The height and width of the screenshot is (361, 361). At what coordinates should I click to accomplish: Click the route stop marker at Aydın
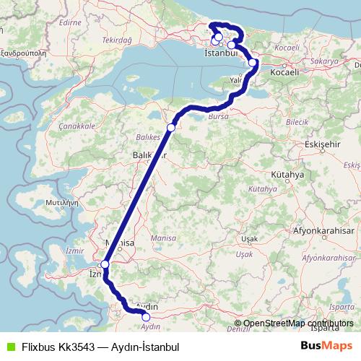pyautogui.click(x=146, y=316)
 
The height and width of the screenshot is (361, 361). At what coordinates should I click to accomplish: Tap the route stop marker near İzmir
pyautogui.click(x=105, y=264)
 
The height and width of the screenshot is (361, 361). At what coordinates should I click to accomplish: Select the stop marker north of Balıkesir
pyautogui.click(x=171, y=128)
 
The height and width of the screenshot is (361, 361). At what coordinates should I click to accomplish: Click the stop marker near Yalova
pyautogui.click(x=253, y=63)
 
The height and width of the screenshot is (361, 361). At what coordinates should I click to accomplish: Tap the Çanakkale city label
pyautogui.click(x=79, y=126)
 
